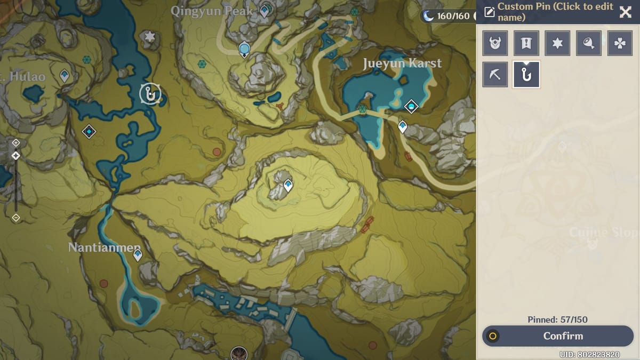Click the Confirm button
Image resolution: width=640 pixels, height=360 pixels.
pyautogui.click(x=557, y=336)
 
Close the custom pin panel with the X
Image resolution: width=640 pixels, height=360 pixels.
pyautogui.click(x=625, y=12)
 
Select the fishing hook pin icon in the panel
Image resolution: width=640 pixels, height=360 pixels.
pyautogui.click(x=526, y=75)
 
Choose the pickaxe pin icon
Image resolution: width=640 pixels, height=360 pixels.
pyautogui.click(x=495, y=75)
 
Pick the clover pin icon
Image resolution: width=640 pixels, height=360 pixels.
pyautogui.click(x=620, y=44)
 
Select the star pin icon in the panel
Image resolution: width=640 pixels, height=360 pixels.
pyautogui.click(x=557, y=44)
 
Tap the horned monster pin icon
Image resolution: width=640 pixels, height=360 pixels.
pyautogui.click(x=495, y=44)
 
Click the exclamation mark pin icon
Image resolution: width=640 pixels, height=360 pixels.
pyautogui.click(x=526, y=44)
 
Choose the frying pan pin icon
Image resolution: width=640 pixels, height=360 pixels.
pyautogui.click(x=588, y=44)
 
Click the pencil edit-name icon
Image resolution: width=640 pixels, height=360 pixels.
pyautogui.click(x=489, y=12)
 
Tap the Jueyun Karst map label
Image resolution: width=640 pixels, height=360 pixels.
pyautogui.click(x=402, y=63)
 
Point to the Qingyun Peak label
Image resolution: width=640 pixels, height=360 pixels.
pyautogui.click(x=212, y=11)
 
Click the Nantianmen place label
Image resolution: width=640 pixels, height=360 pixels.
pyautogui.click(x=104, y=247)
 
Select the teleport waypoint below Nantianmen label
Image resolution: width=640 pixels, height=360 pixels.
pyautogui.click(x=138, y=255)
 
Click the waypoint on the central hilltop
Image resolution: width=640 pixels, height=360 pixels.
pyautogui.click(x=288, y=185)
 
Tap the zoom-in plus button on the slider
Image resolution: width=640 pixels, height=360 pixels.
pyautogui.click(x=16, y=143)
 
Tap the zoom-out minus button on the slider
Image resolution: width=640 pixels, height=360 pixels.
pyautogui.click(x=16, y=218)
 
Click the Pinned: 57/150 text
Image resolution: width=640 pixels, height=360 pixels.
pyautogui.click(x=557, y=319)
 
